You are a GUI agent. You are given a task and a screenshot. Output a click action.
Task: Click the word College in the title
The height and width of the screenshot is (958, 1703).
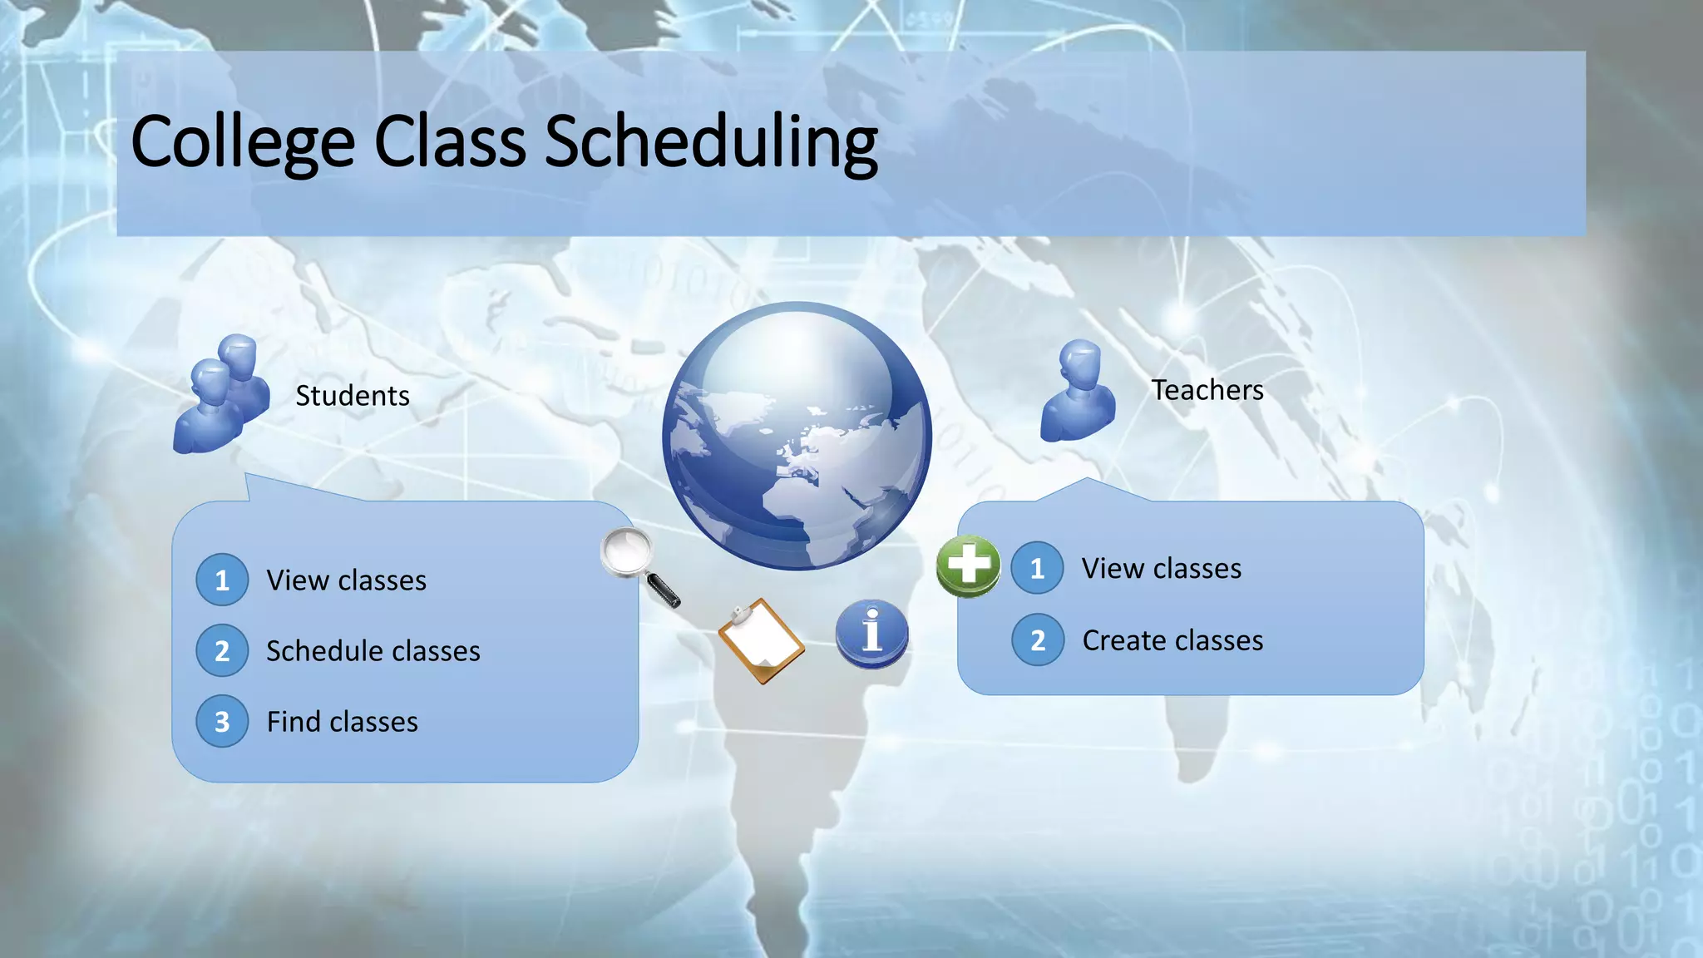(x=243, y=143)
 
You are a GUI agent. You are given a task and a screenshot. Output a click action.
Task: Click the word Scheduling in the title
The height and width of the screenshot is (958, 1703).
(x=711, y=143)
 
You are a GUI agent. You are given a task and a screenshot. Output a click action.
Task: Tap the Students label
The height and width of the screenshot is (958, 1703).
(x=353, y=396)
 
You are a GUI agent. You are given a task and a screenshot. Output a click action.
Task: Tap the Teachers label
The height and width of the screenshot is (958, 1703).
(x=1207, y=390)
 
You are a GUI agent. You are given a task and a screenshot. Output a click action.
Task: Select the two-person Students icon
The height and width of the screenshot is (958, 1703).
(x=220, y=395)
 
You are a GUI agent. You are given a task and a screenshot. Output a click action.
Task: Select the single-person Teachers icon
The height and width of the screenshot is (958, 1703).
(x=1079, y=391)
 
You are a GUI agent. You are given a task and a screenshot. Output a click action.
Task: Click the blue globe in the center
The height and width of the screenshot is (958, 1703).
(x=797, y=436)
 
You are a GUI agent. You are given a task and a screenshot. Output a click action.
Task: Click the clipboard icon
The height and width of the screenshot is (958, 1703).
(x=761, y=640)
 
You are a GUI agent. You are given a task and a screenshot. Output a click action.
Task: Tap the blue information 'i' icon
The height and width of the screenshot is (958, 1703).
(x=871, y=632)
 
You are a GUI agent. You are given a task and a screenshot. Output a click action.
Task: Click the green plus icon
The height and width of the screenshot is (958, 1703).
(x=968, y=565)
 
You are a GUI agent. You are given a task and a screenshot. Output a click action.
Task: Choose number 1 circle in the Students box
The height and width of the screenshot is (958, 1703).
(x=222, y=580)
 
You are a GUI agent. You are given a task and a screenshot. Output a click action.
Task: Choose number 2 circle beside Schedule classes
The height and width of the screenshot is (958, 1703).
(x=222, y=650)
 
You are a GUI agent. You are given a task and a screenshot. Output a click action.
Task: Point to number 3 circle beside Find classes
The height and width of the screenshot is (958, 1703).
(x=222, y=721)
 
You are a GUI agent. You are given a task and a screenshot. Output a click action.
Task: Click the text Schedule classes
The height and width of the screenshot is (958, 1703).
(x=373, y=650)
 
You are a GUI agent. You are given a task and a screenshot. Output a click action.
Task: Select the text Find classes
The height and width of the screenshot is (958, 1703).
(x=342, y=721)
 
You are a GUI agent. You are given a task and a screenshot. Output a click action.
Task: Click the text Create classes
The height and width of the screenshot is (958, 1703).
(x=1172, y=640)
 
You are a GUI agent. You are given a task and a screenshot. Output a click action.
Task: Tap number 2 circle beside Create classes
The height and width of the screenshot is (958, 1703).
(x=1037, y=640)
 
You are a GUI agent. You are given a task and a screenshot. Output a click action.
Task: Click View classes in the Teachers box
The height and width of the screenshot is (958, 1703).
(x=1161, y=568)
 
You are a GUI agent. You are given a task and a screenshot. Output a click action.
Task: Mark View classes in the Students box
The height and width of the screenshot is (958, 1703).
(x=346, y=580)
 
